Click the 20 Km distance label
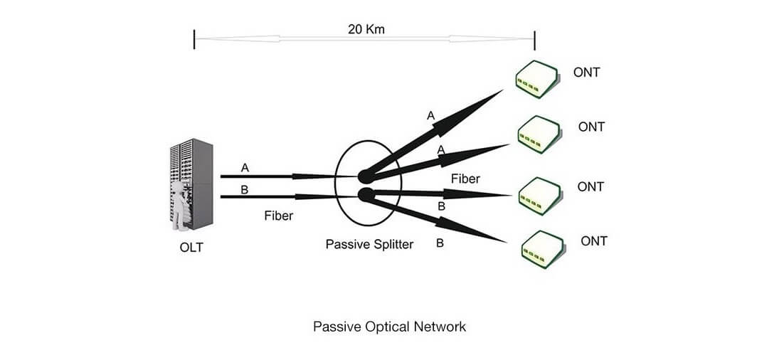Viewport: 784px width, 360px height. [365, 29]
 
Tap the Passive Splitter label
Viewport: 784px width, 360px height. [369, 244]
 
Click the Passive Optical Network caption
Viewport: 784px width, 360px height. [390, 327]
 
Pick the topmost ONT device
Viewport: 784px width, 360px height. [538, 77]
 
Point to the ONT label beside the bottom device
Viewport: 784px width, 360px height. [594, 241]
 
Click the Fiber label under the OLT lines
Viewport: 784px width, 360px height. [278, 216]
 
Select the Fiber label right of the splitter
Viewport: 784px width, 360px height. [465, 179]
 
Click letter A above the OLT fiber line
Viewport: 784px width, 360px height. [245, 168]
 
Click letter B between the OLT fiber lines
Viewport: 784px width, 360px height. [245, 189]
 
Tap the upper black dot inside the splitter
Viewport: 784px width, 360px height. [364, 176]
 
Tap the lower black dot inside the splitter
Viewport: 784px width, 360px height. [364, 194]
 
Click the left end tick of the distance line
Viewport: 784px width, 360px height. [194, 40]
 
